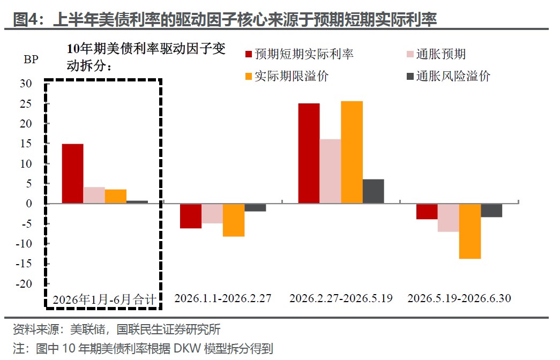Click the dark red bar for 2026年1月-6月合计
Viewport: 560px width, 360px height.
[72, 174]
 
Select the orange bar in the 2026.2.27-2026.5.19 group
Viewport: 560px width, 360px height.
[352, 153]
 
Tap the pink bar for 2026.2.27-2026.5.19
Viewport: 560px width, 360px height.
[330, 171]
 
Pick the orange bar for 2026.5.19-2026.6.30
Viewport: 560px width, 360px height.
[470, 231]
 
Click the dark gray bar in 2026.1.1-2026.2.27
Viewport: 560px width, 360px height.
[255, 207]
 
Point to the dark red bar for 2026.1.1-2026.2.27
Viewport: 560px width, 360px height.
[191, 216]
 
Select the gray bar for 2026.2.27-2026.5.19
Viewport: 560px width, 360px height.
[373, 191]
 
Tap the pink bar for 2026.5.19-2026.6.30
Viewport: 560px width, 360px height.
[449, 218]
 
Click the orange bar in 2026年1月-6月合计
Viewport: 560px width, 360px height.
[116, 197]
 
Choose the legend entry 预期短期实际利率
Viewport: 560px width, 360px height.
[300, 54]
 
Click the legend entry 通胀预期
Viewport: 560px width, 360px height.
[436, 54]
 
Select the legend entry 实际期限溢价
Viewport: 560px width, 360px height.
[287, 76]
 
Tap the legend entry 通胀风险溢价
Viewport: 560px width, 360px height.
[449, 76]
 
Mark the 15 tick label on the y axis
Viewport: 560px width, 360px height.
[26, 144]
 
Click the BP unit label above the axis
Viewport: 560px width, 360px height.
[31, 59]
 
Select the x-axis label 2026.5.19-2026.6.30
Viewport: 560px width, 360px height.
[459, 298]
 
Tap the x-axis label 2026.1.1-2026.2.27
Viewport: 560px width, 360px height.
[223, 298]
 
